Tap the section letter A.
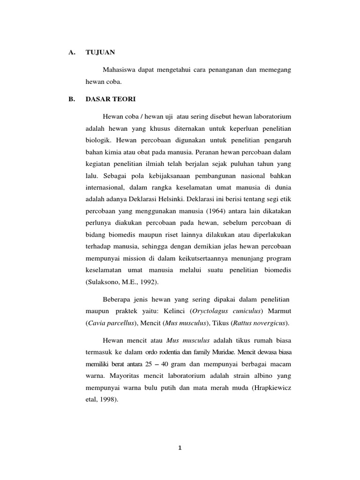(x=72, y=53)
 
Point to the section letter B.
(x=71, y=99)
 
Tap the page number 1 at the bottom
(x=180, y=448)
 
